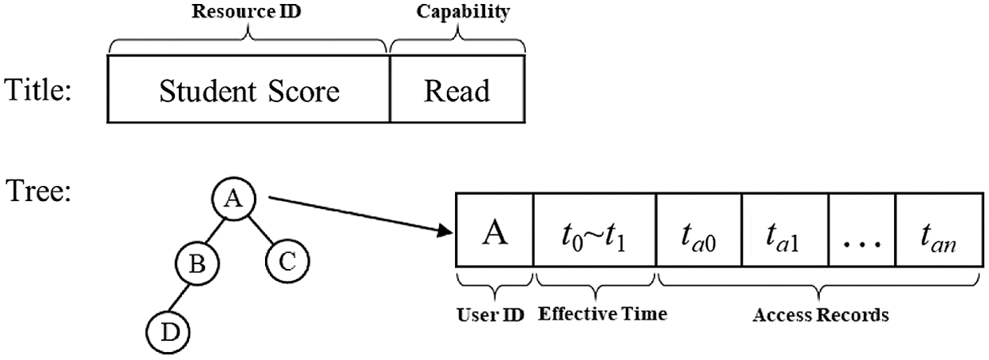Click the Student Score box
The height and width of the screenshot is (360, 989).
pyautogui.click(x=248, y=91)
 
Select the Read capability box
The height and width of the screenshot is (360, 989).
pyautogui.click(x=457, y=91)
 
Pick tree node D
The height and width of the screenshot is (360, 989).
pyautogui.click(x=166, y=331)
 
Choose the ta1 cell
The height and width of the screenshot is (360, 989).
pyautogui.click(x=784, y=233)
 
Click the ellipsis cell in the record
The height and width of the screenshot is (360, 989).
pyautogui.click(x=861, y=233)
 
